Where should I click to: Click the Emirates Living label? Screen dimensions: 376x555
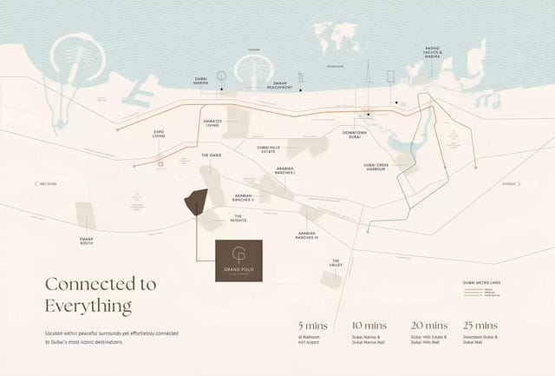tap(212, 123)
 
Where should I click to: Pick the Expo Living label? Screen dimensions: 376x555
tap(160, 135)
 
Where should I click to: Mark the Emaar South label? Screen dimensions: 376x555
tap(88, 241)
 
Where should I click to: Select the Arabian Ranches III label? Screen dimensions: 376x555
tap(308, 234)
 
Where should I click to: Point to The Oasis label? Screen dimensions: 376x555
tap(212, 155)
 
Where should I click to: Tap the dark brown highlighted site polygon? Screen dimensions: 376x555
tap(194, 201)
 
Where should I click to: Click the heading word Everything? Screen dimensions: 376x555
tap(88, 306)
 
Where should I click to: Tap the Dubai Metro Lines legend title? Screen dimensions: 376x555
tap(482, 283)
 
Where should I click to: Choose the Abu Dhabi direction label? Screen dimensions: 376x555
tap(47, 183)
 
